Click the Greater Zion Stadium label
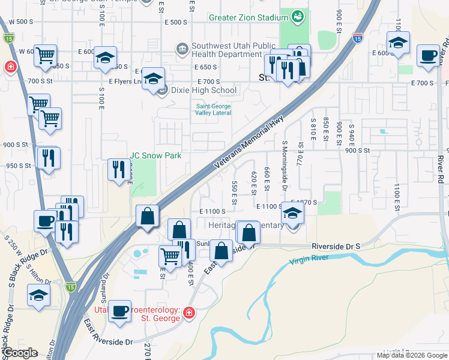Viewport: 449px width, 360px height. pyautogui.click(x=244, y=17)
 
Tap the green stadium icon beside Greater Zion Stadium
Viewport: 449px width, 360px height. pyautogui.click(x=297, y=17)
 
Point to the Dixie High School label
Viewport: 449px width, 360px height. pyautogui.click(x=203, y=91)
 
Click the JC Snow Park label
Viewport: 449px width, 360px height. pyautogui.click(x=156, y=156)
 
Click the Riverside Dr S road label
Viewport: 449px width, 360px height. pyautogui.click(x=336, y=247)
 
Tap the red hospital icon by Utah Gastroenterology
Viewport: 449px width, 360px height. pyautogui.click(x=188, y=313)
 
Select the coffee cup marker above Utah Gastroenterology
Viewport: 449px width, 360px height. pyautogui.click(x=120, y=311)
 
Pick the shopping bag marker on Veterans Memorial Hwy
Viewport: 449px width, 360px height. pyautogui.click(x=147, y=217)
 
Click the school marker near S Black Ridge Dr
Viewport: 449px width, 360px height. pyautogui.click(x=39, y=296)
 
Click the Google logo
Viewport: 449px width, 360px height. pyautogui.click(x=20, y=353)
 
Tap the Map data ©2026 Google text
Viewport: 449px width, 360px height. pyautogui.click(x=411, y=355)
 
